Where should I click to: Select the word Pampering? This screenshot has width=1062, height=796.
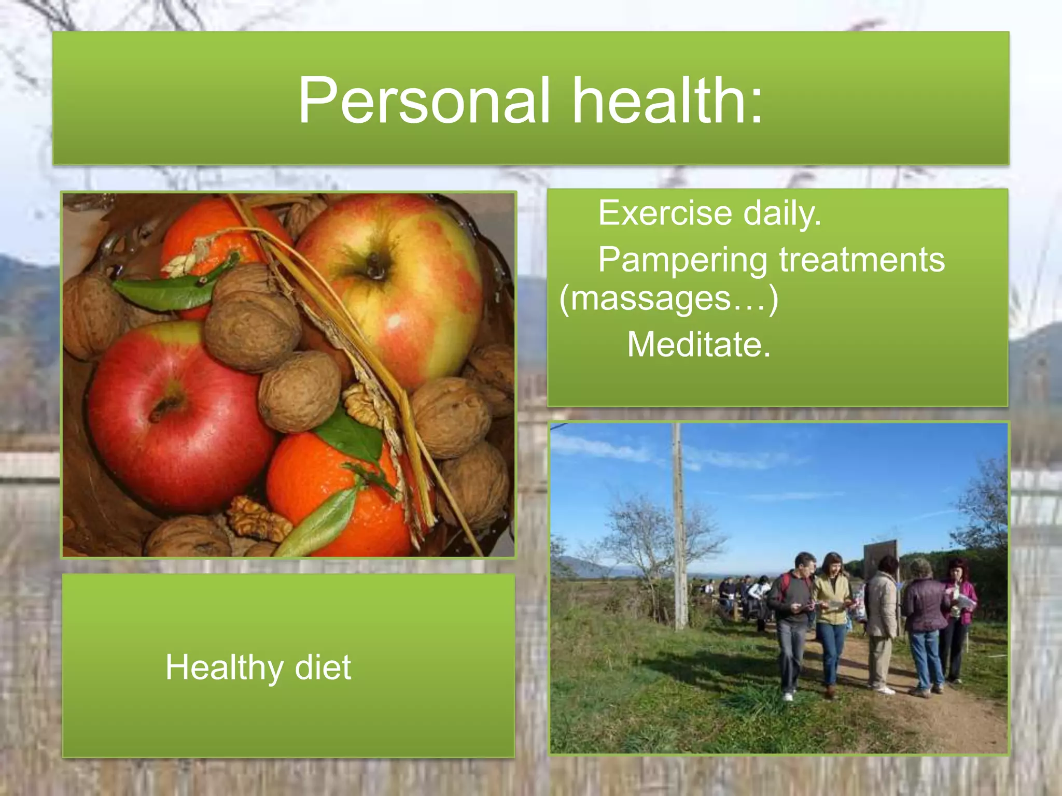(x=682, y=260)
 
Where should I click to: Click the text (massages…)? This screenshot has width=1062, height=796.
(x=668, y=299)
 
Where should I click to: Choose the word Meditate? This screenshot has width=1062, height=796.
(x=698, y=345)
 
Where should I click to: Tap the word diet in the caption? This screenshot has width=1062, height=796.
(x=323, y=667)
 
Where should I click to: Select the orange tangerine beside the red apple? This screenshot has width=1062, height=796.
(x=332, y=492)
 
